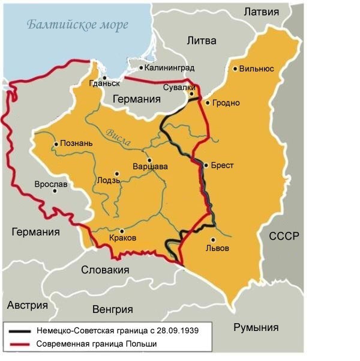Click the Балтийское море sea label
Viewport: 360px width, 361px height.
tap(78, 26)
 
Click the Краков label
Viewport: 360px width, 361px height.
tap(124, 238)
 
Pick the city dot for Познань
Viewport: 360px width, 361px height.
tap(56, 144)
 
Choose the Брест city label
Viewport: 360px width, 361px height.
tap(223, 165)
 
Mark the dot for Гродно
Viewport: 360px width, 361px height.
tap(208, 103)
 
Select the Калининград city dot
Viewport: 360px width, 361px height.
tap(142, 68)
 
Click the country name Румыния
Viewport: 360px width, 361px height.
tap(256, 327)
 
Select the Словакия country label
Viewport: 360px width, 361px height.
tap(105, 270)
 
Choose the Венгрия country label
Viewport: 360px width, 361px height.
tap(112, 309)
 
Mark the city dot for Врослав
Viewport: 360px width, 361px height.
tap(55, 191)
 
